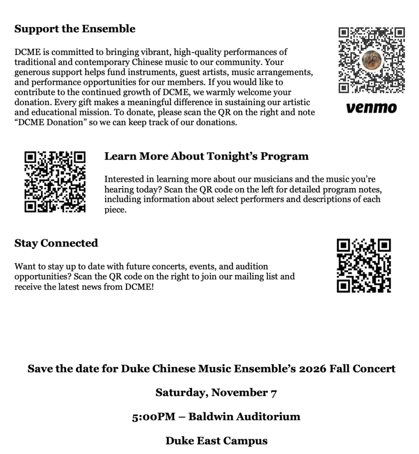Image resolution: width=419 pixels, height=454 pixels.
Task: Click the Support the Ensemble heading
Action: point(75,29)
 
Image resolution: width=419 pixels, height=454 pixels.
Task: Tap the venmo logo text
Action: point(372,108)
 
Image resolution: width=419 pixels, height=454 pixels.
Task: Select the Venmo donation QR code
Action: point(372,61)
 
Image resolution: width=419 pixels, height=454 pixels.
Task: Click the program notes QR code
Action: point(55,182)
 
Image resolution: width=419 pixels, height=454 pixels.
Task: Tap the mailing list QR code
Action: point(364,266)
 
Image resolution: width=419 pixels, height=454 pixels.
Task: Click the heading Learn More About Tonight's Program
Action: point(206,157)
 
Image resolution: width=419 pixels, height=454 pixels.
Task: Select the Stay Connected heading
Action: point(56,243)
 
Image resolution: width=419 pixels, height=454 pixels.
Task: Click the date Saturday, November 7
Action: point(216,393)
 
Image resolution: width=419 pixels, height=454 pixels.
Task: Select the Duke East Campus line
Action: point(216,441)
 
